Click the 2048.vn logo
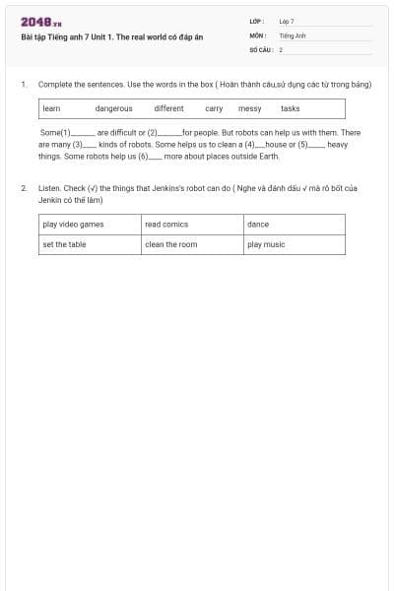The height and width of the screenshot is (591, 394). [x=41, y=23]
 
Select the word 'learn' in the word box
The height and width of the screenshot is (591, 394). [x=52, y=108]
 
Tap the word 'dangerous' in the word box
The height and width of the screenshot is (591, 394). [x=113, y=108]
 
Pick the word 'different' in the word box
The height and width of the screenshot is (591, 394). [x=168, y=108]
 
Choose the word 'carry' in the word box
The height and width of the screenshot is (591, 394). [x=214, y=108]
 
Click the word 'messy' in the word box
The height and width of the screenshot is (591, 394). [x=249, y=108]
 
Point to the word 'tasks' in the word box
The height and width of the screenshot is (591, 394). [x=290, y=108]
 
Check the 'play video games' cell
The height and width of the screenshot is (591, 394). [x=73, y=225]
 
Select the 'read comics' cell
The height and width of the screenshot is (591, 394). [x=166, y=225]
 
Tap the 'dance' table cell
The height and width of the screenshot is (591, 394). [x=258, y=225]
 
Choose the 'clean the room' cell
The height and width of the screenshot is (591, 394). [x=171, y=244]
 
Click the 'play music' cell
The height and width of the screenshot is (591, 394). [x=266, y=244]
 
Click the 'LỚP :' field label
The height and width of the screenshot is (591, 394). [x=257, y=21]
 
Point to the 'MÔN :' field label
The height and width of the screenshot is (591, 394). [x=257, y=34]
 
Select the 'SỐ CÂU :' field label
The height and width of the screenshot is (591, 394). [x=260, y=48]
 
